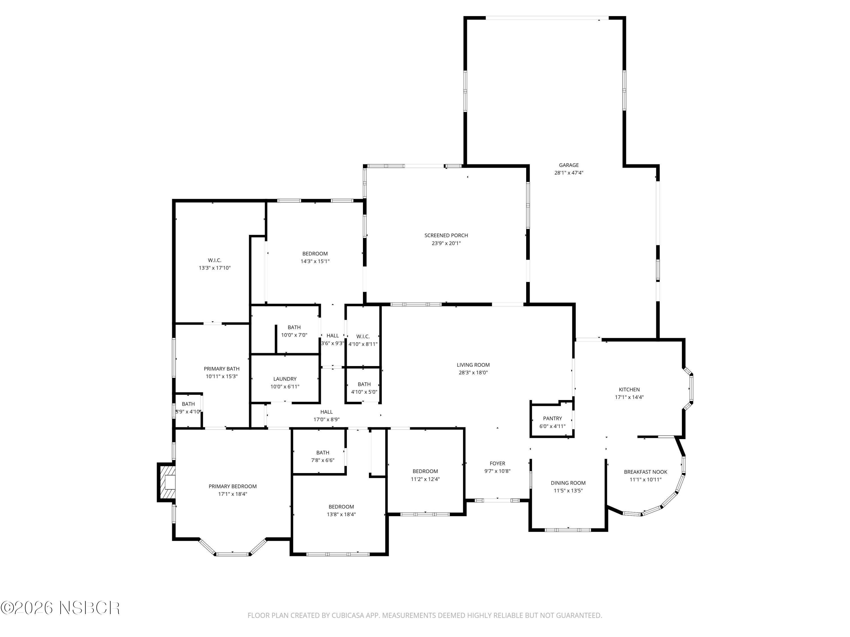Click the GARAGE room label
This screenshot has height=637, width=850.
tap(568, 165)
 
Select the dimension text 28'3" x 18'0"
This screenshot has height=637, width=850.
tap(473, 373)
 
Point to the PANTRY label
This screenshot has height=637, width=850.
tap(552, 418)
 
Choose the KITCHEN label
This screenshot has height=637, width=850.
tap(629, 389)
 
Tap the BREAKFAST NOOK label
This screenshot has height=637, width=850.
tap(645, 472)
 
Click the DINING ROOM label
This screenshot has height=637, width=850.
tap(568, 483)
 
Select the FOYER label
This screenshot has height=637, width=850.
tap(497, 463)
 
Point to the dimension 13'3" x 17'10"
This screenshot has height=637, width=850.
tap(214, 268)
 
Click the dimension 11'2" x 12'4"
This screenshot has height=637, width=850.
tap(425, 479)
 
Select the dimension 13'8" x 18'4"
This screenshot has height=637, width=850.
tap(341, 514)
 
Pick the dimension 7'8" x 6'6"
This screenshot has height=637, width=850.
tap(322, 460)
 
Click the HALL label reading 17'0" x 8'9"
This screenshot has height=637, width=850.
tap(326, 412)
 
